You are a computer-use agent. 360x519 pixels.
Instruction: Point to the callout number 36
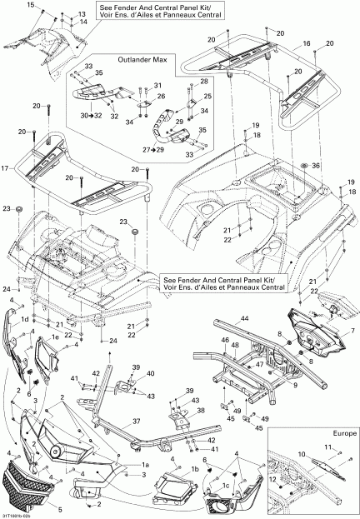click(316, 166)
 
